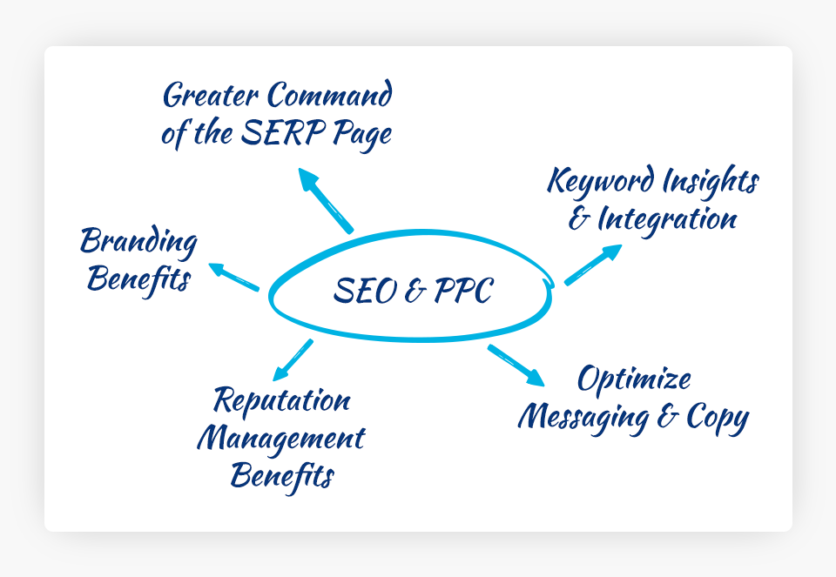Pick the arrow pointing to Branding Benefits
233,276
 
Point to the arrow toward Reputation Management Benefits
293,359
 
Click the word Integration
667,219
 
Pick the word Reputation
282,401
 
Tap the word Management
280,439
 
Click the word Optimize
634,379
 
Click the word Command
329,95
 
